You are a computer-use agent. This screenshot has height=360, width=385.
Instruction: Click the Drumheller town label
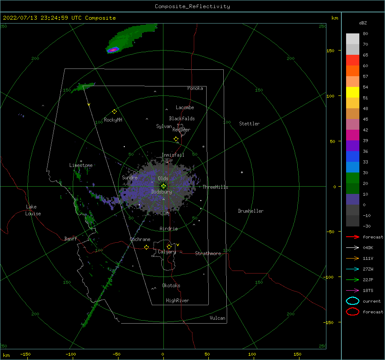pyautogui.click(x=251, y=211)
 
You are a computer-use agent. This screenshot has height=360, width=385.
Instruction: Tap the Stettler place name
pyautogui.click(x=249, y=124)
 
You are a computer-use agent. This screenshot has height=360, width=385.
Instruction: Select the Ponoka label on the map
pyautogui.click(x=195, y=88)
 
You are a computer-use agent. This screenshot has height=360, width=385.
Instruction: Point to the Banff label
pyautogui.click(x=71, y=239)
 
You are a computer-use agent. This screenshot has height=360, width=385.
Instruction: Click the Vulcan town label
pyautogui.click(x=217, y=318)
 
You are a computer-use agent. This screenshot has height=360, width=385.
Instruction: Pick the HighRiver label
pyautogui.click(x=178, y=300)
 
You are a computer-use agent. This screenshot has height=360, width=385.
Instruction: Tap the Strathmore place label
pyautogui.click(x=208, y=253)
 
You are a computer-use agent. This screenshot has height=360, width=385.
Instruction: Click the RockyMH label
pyautogui.click(x=113, y=120)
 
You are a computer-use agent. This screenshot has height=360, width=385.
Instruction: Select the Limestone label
pyautogui.click(x=81, y=165)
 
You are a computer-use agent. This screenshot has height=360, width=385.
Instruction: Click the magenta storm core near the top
pyautogui.click(x=113, y=50)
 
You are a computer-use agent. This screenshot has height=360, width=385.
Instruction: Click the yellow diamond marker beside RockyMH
pyautogui.click(x=114, y=112)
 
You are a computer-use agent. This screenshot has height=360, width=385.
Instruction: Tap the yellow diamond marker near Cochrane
pyautogui.click(x=147, y=247)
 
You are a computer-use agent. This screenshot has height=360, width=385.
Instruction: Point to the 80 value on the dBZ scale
pyautogui.click(x=365, y=34)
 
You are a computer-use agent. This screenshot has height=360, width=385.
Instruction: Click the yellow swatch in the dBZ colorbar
pyautogui.click(x=352, y=92)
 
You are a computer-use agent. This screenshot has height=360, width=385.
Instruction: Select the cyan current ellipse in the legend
pyautogui.click(x=352, y=301)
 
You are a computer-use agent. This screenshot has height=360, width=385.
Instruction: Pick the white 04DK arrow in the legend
pyautogui.click(x=352, y=248)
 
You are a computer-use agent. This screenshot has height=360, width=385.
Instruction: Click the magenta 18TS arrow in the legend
pyautogui.click(x=352, y=291)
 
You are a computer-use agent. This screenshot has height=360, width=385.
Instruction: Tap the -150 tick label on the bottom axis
pyautogui.click(x=25, y=354)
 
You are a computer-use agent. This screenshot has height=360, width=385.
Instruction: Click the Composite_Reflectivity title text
pyautogui.click(x=192, y=6)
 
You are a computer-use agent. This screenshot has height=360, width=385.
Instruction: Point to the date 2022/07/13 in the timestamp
pyautogui.click(x=20, y=18)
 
